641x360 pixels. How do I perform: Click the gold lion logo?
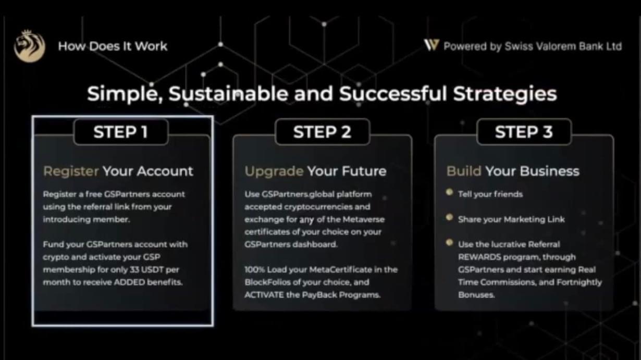tap(29, 46)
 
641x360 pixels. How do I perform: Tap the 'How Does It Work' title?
tap(113, 46)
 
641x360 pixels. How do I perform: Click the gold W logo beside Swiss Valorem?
tap(432, 45)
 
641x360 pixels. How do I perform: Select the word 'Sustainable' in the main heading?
tap(228, 94)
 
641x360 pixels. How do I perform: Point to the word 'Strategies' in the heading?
tap(505, 94)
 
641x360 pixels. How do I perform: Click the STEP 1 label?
tap(121, 132)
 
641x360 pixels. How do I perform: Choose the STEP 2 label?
tap(322, 132)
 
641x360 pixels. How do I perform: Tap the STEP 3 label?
tap(524, 132)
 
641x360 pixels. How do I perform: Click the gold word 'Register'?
tap(71, 171)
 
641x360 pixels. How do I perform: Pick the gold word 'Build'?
tap(464, 171)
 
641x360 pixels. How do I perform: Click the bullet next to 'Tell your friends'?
tap(450, 192)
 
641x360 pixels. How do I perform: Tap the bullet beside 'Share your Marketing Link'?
tap(450, 217)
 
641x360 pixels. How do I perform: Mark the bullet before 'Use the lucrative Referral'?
tap(450, 243)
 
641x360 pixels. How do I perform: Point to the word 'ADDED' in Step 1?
tap(130, 282)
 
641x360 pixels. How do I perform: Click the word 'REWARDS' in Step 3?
tap(479, 257)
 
